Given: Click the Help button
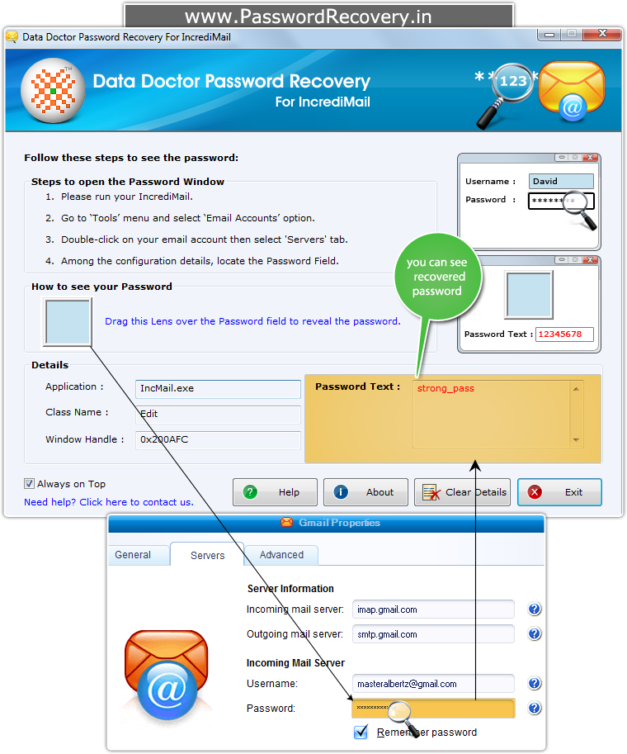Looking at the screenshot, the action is [x=275, y=492].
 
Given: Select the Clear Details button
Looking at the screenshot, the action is [x=462, y=492].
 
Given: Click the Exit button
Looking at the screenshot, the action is [x=559, y=492].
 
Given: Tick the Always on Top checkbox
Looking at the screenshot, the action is [x=30, y=483].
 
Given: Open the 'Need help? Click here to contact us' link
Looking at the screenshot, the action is [x=109, y=502].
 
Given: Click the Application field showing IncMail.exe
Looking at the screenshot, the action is [x=218, y=388].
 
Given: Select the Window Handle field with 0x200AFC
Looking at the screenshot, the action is [x=218, y=439].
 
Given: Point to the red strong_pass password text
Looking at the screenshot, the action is [x=445, y=388].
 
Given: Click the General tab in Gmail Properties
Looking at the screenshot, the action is [x=133, y=555].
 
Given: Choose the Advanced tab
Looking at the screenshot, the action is [x=281, y=555].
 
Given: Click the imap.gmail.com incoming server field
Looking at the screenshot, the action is [x=433, y=609].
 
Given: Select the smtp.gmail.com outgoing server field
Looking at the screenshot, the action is [x=433, y=634].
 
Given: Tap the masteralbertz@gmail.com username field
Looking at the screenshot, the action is [x=433, y=683].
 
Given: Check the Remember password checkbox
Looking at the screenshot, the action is [x=361, y=732].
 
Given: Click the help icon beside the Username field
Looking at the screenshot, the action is [x=535, y=683].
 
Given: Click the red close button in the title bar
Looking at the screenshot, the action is [x=602, y=34].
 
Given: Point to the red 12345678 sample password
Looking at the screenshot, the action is [x=559, y=334].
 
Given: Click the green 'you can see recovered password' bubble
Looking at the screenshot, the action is [x=438, y=277].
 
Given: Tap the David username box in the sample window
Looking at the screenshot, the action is [x=561, y=182].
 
